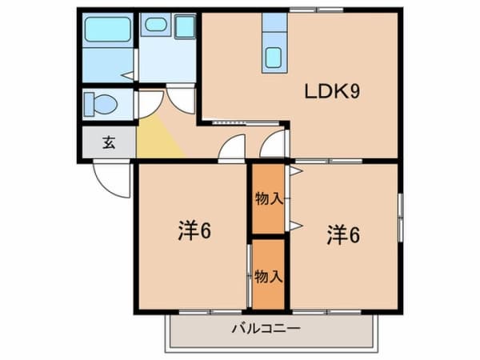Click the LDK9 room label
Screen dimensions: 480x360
[x=332, y=91]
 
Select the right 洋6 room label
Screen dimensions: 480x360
[x=343, y=234]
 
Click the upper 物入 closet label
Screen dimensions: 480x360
[x=269, y=199]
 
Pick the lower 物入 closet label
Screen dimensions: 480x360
[x=269, y=277]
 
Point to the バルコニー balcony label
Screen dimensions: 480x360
[x=266, y=329]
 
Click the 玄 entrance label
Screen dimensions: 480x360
[x=109, y=142]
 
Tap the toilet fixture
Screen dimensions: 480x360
[x=101, y=104]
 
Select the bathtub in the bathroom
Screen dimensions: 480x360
[x=107, y=30]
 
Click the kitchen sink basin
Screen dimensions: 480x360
[x=273, y=58]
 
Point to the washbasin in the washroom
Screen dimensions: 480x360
[x=156, y=25]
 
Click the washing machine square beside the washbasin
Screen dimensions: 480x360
[x=185, y=27]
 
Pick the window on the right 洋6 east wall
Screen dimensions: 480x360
[x=400, y=218]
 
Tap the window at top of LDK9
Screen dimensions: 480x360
[x=316, y=10]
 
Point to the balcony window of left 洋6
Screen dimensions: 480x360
[x=210, y=312]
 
